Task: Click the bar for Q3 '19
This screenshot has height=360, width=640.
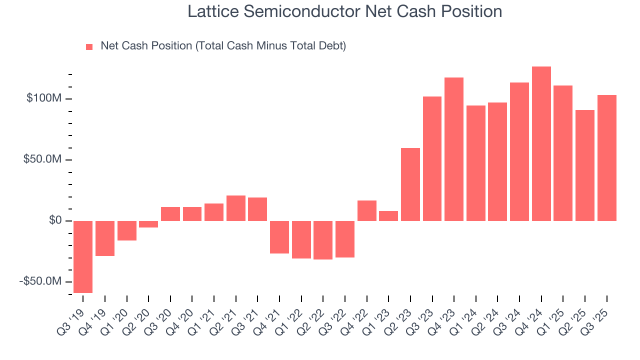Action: [83, 256]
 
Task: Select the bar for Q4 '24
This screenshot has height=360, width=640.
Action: [541, 143]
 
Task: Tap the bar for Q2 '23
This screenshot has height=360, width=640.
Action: [410, 184]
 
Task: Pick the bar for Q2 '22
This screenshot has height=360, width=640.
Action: [323, 240]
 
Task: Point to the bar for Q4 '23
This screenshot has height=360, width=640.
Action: [454, 149]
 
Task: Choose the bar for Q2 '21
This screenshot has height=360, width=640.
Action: [236, 208]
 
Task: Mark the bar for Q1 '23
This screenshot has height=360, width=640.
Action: [388, 216]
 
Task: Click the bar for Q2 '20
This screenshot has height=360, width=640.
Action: [148, 224]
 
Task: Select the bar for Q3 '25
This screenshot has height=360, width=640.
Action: [607, 158]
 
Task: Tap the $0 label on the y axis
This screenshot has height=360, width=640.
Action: [55, 220]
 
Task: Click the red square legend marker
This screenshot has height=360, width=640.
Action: [89, 47]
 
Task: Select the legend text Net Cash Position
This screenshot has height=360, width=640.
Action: [146, 46]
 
